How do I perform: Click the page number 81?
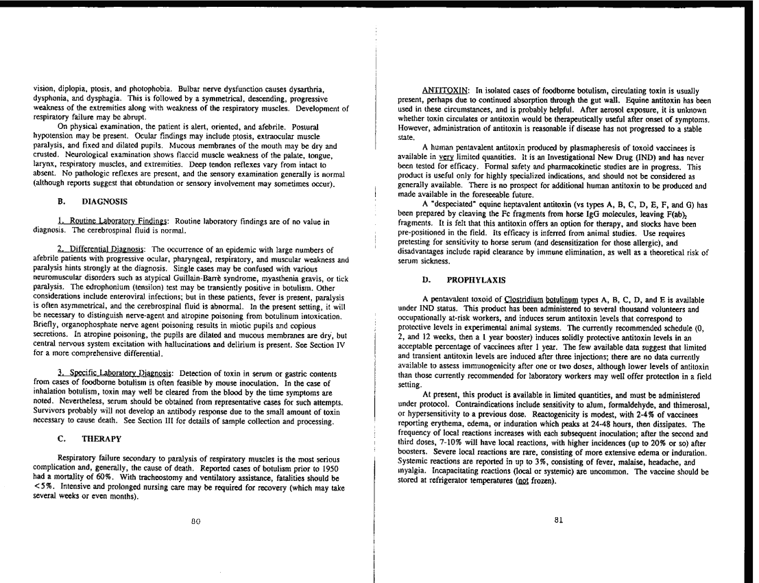point(561,520)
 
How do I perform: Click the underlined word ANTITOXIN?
point(444,91)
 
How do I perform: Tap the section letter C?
point(62,438)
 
